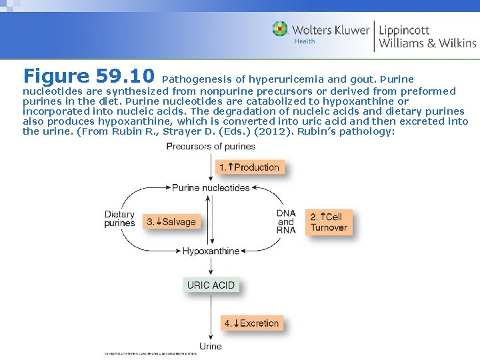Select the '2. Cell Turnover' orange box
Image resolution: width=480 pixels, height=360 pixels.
coord(329,222)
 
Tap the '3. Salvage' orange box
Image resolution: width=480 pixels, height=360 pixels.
coord(171,221)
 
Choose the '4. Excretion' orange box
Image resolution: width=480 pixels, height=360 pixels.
coord(251,323)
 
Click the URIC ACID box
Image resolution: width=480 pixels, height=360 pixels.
coord(211,285)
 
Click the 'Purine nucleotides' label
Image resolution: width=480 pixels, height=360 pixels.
coord(211,188)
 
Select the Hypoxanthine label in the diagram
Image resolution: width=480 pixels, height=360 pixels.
coord(211,251)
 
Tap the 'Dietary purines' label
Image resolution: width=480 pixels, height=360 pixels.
coord(119,219)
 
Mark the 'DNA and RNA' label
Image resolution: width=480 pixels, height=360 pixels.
coord(286,221)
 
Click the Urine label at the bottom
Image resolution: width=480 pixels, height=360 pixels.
coord(211,346)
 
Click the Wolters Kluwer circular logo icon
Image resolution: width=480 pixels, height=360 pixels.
coord(280,29)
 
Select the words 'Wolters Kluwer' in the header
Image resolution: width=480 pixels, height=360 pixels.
coord(331,30)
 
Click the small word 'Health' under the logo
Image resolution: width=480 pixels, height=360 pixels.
coord(304,41)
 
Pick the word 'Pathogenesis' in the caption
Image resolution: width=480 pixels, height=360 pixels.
coord(195,79)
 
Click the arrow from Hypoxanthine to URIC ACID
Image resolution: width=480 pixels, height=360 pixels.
coord(211,266)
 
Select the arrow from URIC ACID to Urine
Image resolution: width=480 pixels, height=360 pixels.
coord(211,316)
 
